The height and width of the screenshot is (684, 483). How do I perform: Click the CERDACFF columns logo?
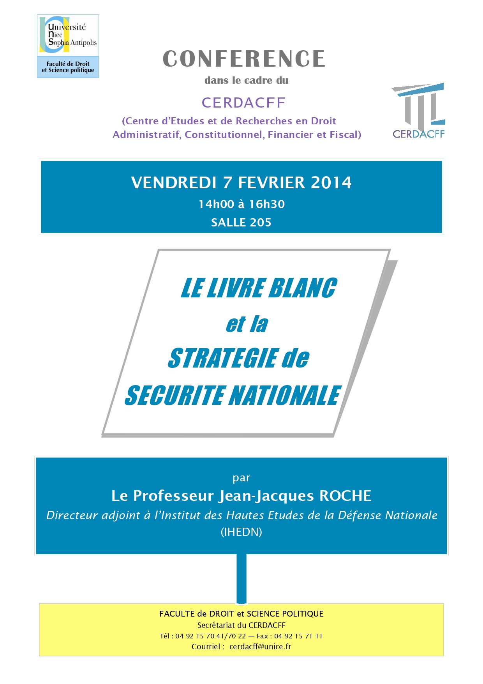[418, 110]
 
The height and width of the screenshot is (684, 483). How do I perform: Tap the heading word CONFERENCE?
[244, 59]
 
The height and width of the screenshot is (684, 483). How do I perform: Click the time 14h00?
[216, 204]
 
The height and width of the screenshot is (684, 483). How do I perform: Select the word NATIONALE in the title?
[285, 396]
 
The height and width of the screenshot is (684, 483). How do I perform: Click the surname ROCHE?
[345, 496]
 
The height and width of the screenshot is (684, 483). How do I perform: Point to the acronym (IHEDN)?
[241, 532]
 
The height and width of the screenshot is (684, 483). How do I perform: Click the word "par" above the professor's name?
[241, 478]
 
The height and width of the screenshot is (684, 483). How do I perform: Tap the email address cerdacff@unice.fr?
[260, 647]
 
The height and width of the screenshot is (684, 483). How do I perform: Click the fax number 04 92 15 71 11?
[298, 636]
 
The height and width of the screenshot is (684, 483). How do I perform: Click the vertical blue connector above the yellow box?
[241, 579]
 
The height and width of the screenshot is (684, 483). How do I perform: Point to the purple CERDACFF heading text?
[244, 103]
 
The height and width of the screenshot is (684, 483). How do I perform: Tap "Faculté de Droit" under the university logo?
[68, 64]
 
